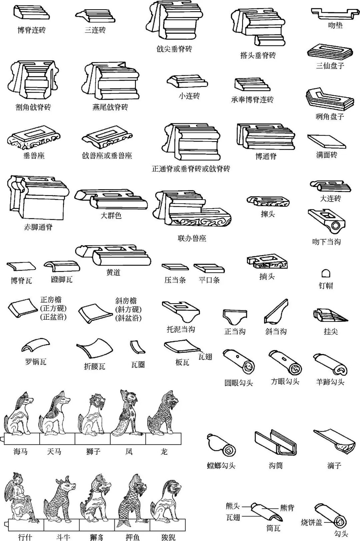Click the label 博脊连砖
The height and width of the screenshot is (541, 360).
tap(31, 30)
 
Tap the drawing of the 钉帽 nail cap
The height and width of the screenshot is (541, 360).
tap(326, 273)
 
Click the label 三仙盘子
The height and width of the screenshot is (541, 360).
tap(330, 66)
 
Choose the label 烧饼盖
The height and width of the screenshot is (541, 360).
tap(311, 522)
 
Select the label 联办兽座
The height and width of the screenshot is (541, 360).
tap(192, 239)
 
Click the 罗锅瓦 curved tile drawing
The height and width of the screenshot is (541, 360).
tap(36, 346)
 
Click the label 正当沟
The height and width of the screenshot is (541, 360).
tap(235, 332)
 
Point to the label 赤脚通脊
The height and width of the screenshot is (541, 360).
tap(38, 227)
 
